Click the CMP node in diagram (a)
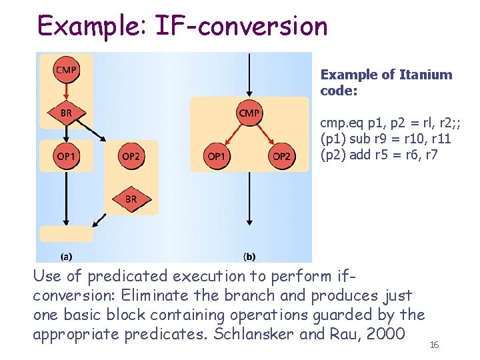point(66,69)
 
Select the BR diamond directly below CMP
point(66,113)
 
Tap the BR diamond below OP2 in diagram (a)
point(131,199)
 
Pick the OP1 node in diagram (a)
point(66,156)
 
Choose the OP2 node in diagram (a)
point(131,156)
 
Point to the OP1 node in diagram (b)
point(216,156)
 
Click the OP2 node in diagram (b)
point(282,156)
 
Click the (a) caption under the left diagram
point(67,255)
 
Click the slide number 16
point(434,345)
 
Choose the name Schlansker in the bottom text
point(253,333)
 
